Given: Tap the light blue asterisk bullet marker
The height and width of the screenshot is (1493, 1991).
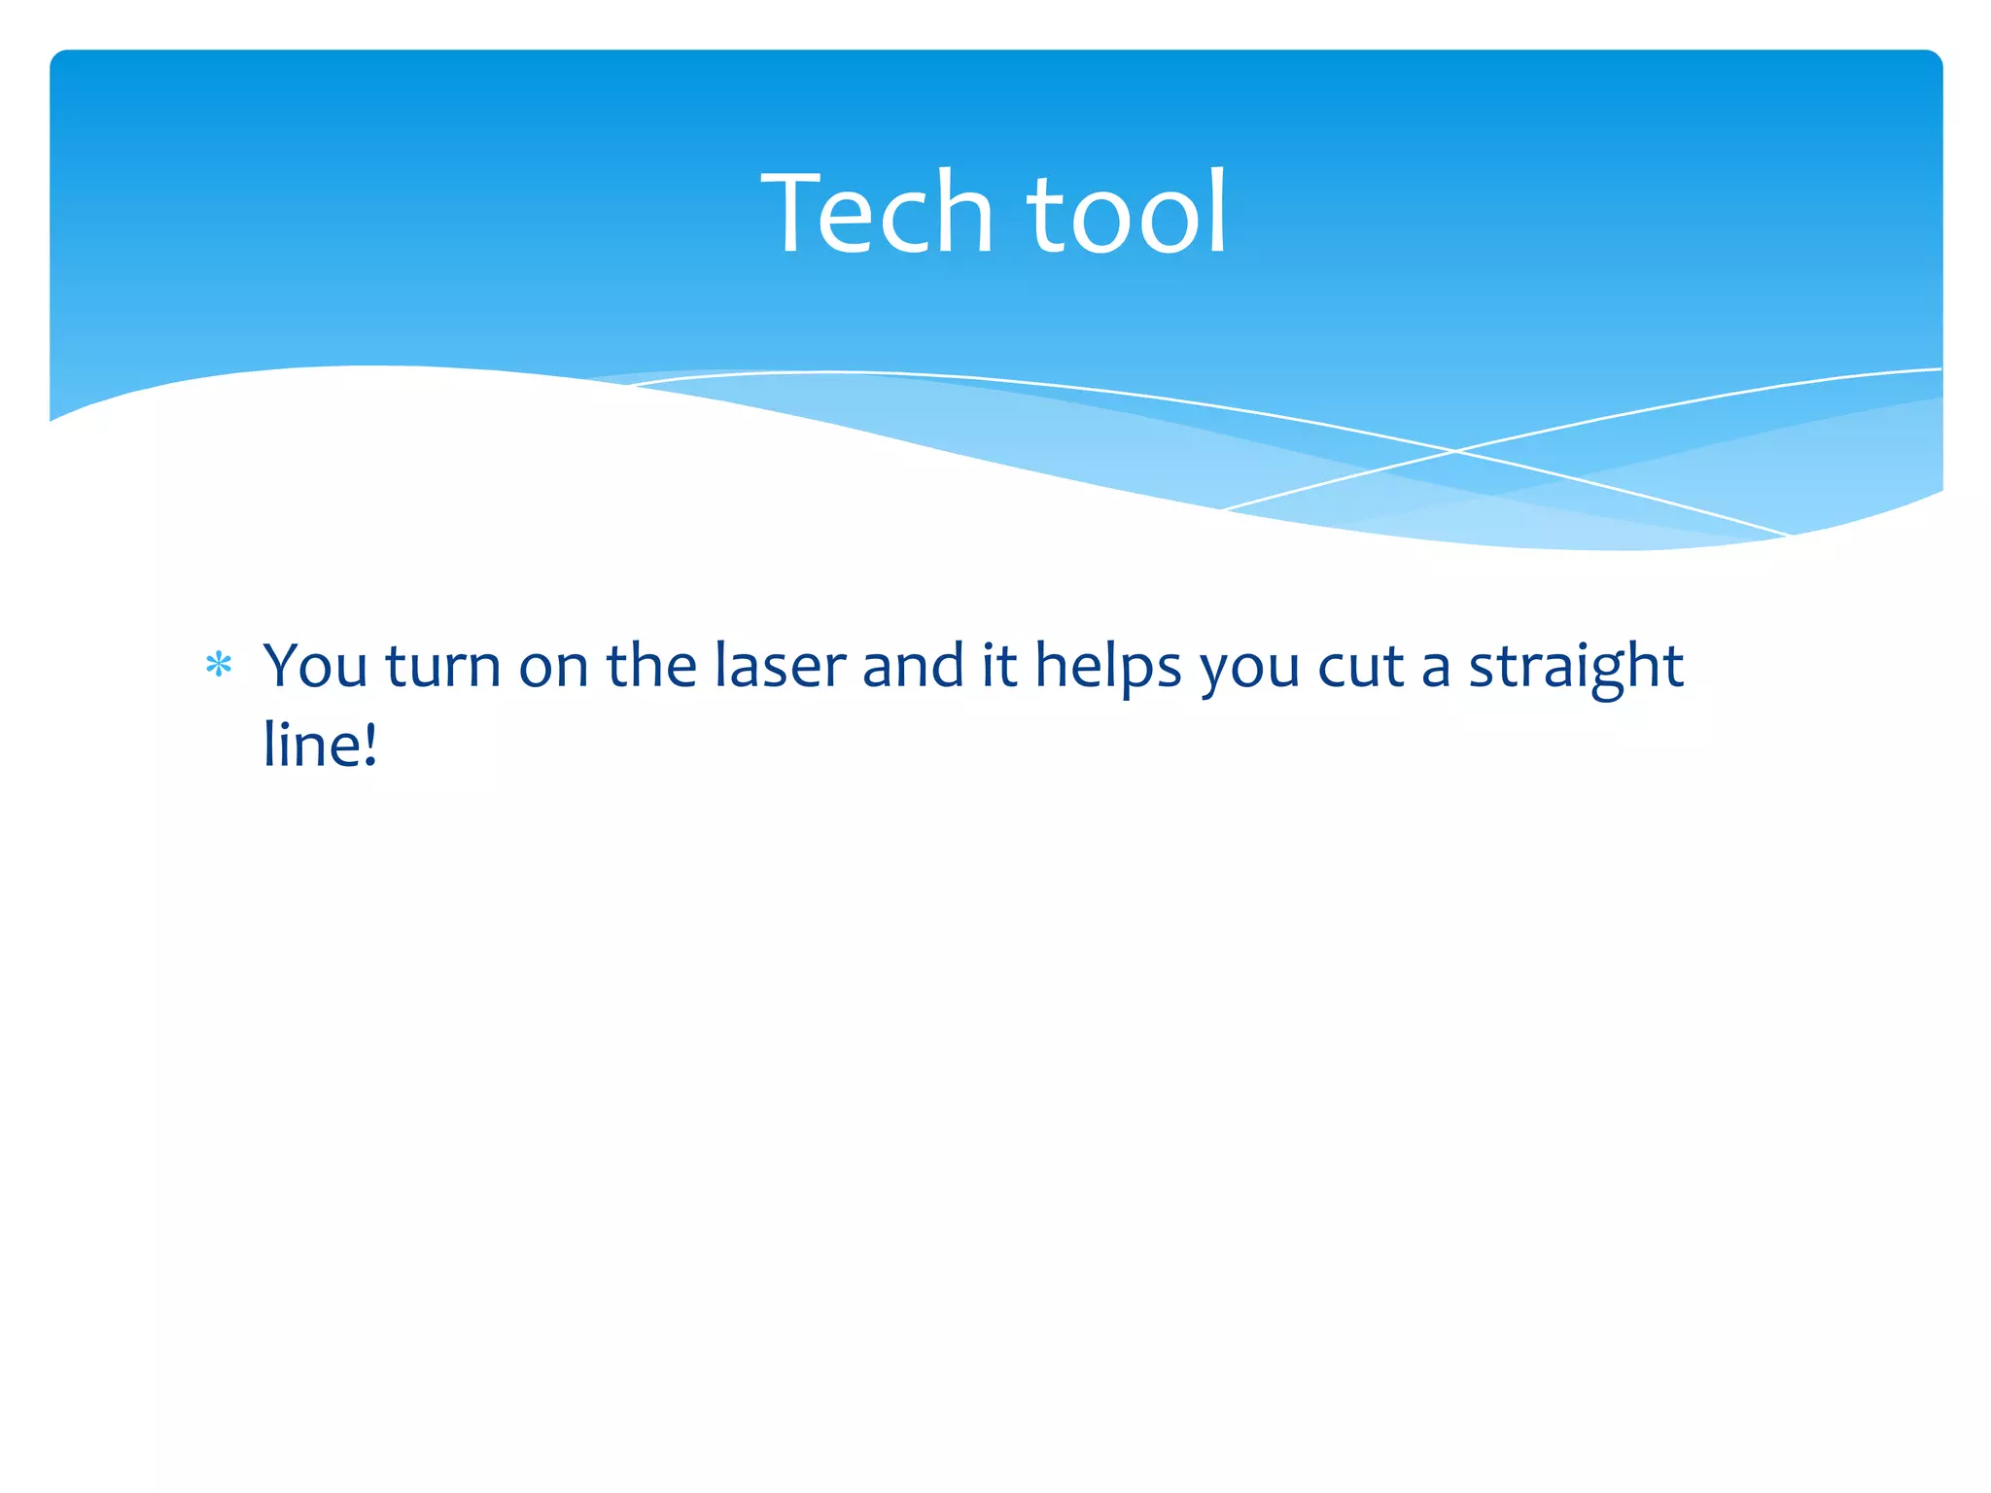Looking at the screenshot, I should click(219, 666).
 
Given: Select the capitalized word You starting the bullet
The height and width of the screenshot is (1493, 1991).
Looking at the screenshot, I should click(315, 667).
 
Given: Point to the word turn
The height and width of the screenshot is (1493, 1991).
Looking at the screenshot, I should click(442, 667).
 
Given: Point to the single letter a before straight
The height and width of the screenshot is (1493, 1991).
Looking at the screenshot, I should click(1435, 671).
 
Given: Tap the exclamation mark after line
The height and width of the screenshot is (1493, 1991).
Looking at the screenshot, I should click(369, 745).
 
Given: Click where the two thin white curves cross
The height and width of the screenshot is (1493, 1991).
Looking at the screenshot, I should click(1455, 451).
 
